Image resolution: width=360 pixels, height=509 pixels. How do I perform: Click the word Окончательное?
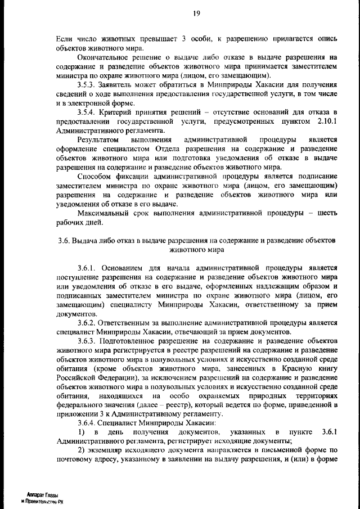[104, 57]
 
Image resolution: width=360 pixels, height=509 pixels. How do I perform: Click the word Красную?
[301, 368]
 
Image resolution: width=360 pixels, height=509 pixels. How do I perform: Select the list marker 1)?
[82, 432]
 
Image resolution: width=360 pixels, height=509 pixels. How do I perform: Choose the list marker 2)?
[82, 451]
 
